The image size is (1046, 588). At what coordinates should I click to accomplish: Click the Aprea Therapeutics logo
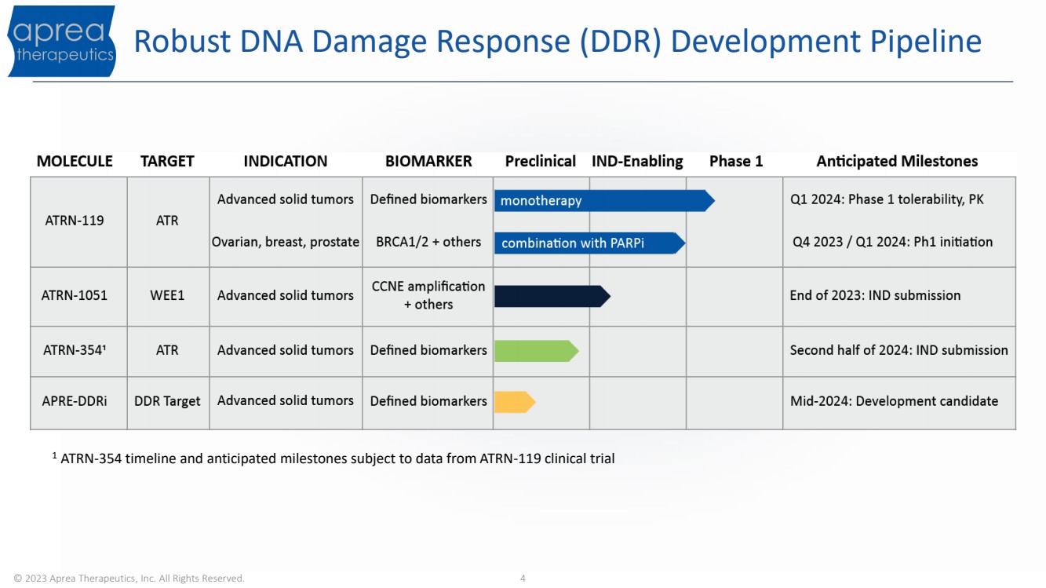[62, 41]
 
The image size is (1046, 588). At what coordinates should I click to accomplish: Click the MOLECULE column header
[75, 161]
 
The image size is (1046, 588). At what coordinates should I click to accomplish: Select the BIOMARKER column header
[428, 161]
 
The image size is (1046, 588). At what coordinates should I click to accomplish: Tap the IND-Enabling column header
[637, 162]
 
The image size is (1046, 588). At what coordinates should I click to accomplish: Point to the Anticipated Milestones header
[897, 162]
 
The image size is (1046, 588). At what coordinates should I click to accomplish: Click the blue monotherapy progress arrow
[604, 201]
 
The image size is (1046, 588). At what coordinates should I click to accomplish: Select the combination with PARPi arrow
[590, 243]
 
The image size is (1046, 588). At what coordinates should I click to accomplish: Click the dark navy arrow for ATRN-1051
[552, 296]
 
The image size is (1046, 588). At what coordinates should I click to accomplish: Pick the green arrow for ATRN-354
[537, 351]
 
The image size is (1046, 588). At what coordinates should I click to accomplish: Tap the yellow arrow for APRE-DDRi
[515, 402]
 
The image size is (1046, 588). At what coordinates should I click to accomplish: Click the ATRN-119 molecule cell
[75, 221]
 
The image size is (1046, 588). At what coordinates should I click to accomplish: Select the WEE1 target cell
[167, 295]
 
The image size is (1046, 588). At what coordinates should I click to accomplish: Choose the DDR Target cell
[167, 401]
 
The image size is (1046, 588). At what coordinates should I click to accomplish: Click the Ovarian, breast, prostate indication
[286, 242]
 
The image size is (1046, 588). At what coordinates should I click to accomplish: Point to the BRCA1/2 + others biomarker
[428, 242]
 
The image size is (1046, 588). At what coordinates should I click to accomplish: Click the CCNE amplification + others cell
[428, 295]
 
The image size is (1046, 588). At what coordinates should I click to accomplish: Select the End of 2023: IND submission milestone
[875, 295]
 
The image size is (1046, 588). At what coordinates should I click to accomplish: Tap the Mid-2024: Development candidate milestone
[894, 401]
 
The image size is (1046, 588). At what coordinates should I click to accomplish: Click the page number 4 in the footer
[523, 579]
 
